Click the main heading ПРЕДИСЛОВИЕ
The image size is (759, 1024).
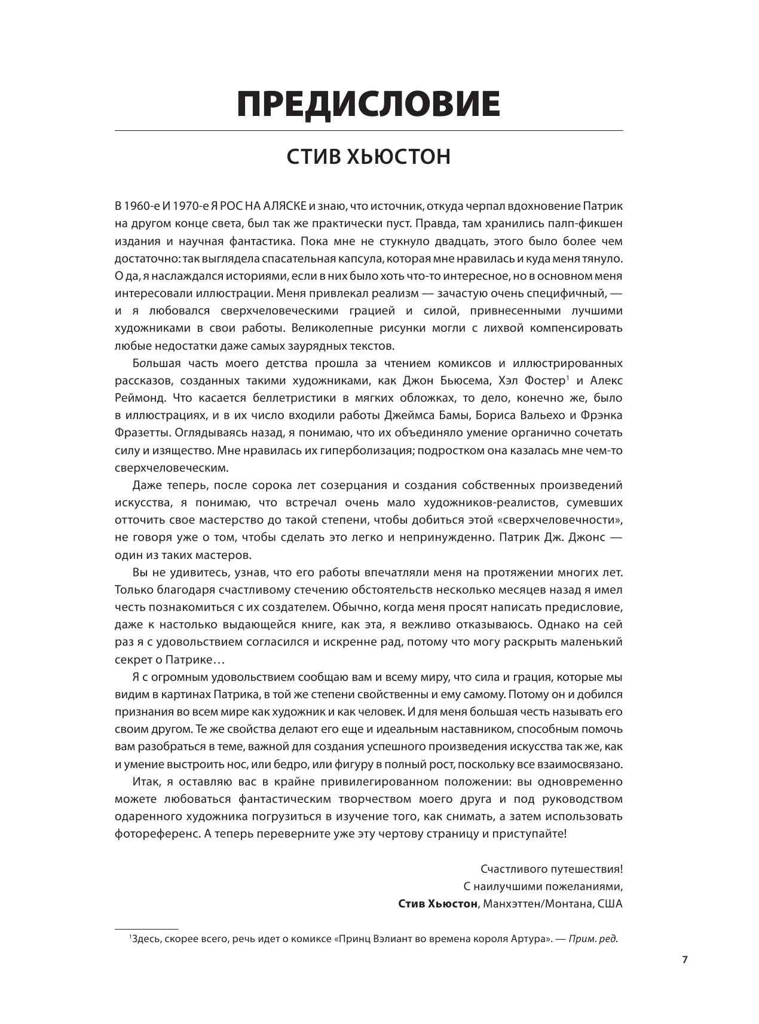[x=368, y=105]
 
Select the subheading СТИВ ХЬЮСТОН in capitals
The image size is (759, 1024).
[x=368, y=157]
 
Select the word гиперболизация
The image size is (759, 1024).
[x=365, y=450]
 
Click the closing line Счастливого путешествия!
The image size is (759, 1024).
[x=551, y=869]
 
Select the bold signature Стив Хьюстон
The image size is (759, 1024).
[x=438, y=903]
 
